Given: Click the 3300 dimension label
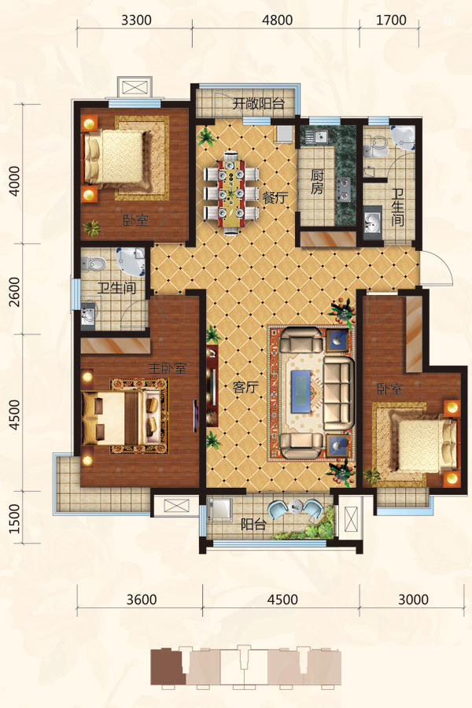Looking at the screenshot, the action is (136, 20).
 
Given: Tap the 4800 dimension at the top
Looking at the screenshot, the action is (278, 20).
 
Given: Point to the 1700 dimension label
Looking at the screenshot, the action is (391, 20).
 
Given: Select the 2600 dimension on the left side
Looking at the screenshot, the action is (15, 292).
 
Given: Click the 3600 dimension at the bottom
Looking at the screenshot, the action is (142, 599).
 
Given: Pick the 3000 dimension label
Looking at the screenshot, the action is (413, 599).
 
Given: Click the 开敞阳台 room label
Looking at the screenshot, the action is (258, 104).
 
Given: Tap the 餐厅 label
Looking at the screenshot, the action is (275, 197).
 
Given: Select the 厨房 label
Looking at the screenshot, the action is (317, 182).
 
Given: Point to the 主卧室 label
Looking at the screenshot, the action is (168, 368).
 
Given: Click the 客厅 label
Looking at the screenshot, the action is (245, 387).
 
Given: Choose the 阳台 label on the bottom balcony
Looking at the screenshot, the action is (253, 525).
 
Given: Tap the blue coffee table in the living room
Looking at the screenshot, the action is (301, 391).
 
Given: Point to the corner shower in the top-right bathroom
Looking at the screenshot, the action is (403, 137).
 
